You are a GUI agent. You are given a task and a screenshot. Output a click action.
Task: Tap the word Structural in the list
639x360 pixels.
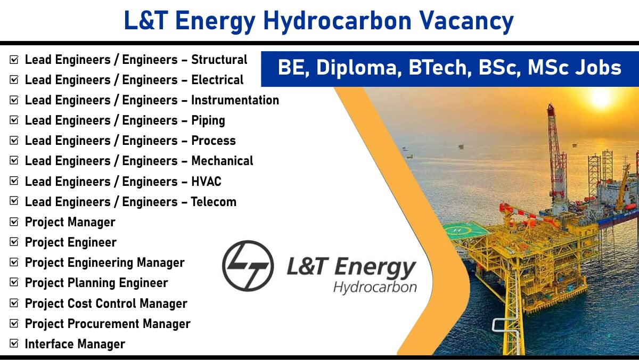pyautogui.click(x=219, y=60)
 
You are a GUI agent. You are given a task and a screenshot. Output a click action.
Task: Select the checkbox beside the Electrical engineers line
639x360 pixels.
pyautogui.click(x=14, y=79)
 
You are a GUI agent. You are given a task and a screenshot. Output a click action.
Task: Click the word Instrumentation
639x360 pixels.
pyautogui.click(x=235, y=100)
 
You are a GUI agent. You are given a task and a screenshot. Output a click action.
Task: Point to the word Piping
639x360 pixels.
pyautogui.click(x=208, y=121)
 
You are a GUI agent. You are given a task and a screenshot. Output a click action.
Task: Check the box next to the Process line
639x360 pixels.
pyautogui.click(x=14, y=141)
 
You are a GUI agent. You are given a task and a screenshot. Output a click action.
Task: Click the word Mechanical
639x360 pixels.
pyautogui.click(x=222, y=161)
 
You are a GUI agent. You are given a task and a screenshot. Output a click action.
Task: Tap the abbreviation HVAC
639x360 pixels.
pyautogui.click(x=206, y=182)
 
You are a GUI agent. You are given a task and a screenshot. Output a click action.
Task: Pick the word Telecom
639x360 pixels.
pyautogui.click(x=214, y=202)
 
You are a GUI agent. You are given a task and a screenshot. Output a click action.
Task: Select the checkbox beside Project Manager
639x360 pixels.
pyautogui.click(x=14, y=222)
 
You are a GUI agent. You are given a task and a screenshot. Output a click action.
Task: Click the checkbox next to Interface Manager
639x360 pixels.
pyautogui.click(x=14, y=343)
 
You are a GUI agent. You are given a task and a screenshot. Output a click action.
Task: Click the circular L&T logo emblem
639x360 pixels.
pyautogui.click(x=248, y=266)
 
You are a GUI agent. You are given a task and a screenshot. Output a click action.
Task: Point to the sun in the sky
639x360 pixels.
pyautogui.click(x=600, y=97)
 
